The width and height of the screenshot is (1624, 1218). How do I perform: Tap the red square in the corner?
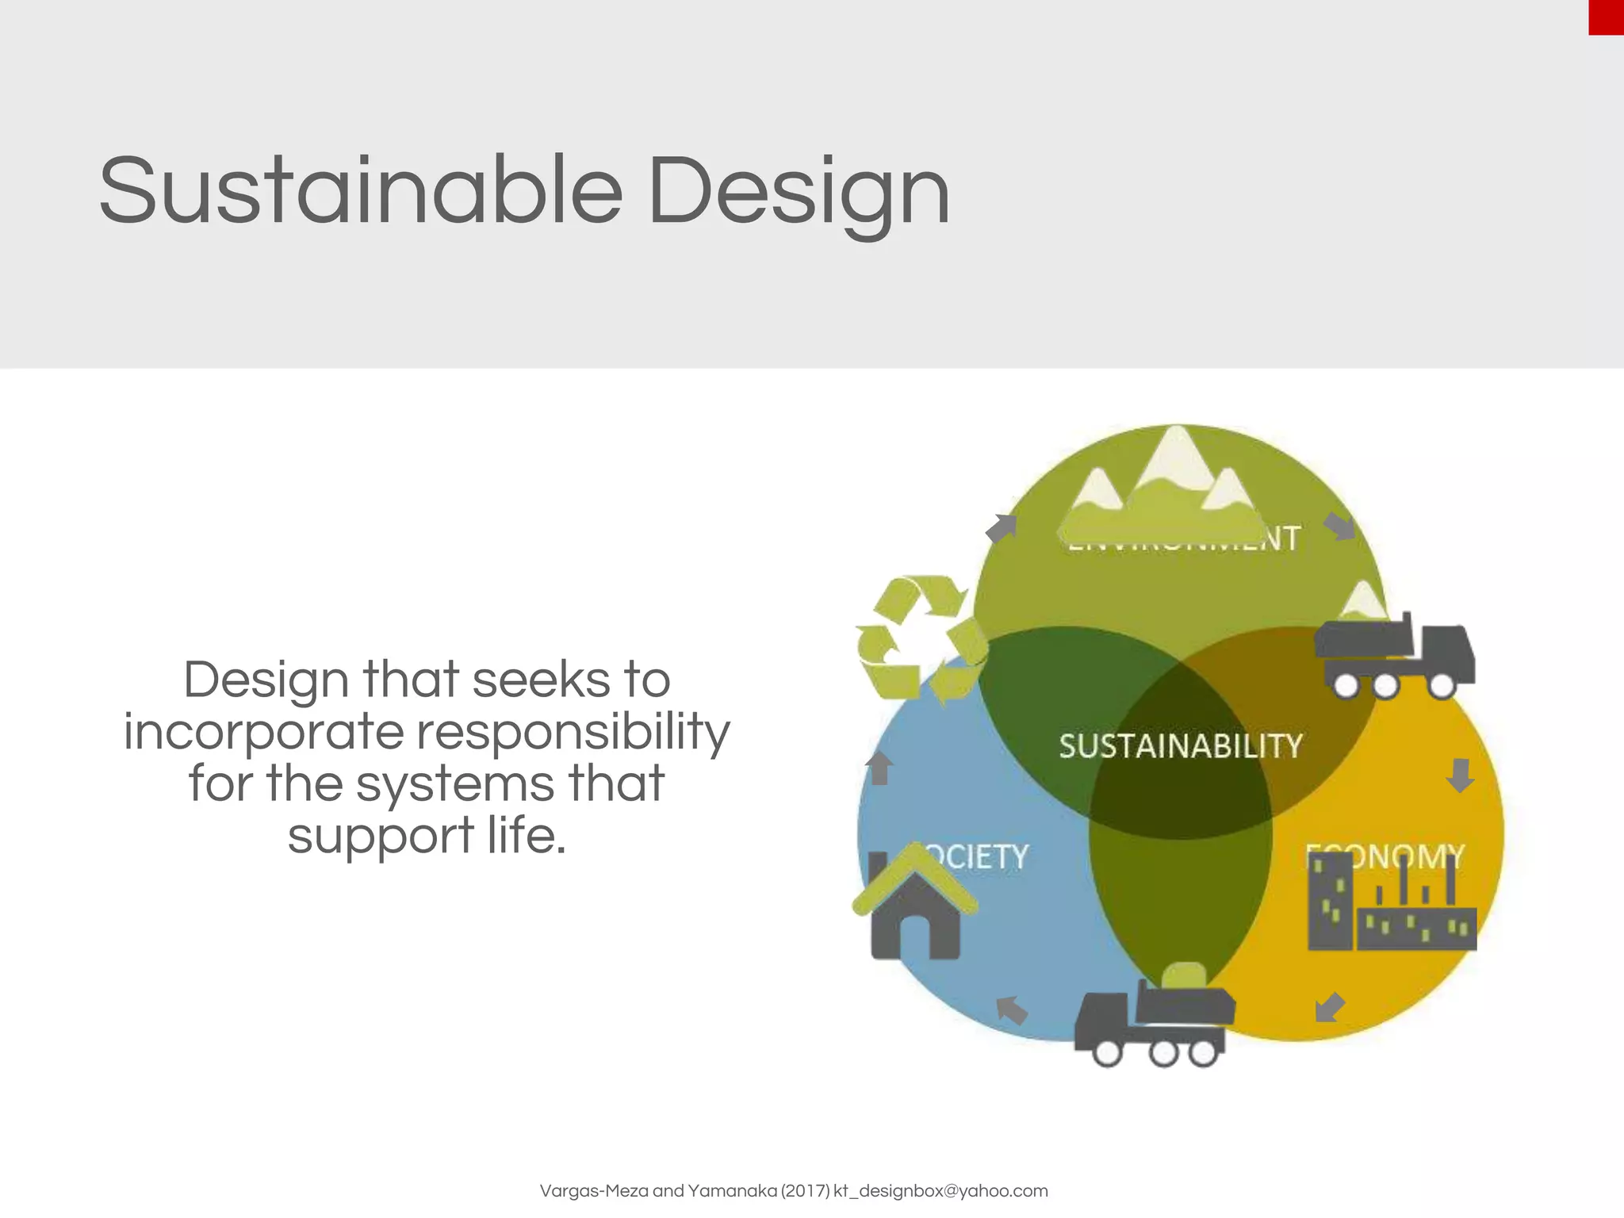click(x=1606, y=17)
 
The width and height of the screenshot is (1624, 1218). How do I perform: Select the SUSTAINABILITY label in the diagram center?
click(x=1180, y=746)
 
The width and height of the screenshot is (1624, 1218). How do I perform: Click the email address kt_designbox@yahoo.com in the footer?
click(x=940, y=1190)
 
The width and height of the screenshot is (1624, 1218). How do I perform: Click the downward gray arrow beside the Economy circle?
click(x=1460, y=775)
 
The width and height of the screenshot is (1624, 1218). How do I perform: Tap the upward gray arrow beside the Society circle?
click(x=879, y=768)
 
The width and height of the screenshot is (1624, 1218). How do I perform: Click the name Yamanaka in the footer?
click(x=732, y=1190)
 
